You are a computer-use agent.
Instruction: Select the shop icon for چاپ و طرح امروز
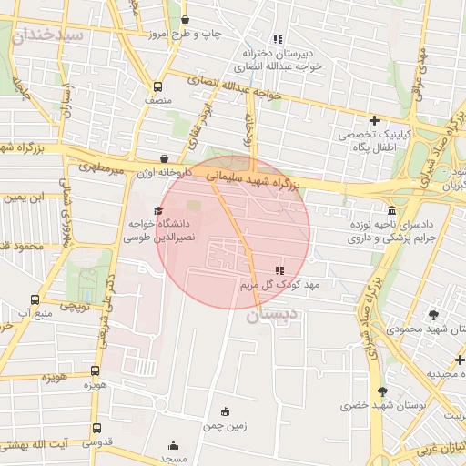[x=186, y=20]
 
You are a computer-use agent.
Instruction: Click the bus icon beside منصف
[x=158, y=87]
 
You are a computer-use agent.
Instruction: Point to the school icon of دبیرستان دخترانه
[x=278, y=39]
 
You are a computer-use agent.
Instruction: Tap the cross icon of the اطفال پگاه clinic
[x=374, y=120]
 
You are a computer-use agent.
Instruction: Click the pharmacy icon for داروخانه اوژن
[x=164, y=158]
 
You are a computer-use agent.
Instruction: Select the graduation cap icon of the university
[x=146, y=211]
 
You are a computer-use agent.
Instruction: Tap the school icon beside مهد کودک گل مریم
[x=279, y=270]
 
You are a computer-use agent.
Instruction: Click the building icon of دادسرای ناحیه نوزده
[x=391, y=210]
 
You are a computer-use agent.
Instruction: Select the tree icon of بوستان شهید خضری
[x=382, y=391]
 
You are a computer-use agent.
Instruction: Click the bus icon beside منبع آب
[x=35, y=299]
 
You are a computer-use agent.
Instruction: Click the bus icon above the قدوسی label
[x=96, y=428]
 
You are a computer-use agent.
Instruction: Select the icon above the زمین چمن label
[x=225, y=411]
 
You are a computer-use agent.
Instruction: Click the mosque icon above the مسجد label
[x=174, y=446]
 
